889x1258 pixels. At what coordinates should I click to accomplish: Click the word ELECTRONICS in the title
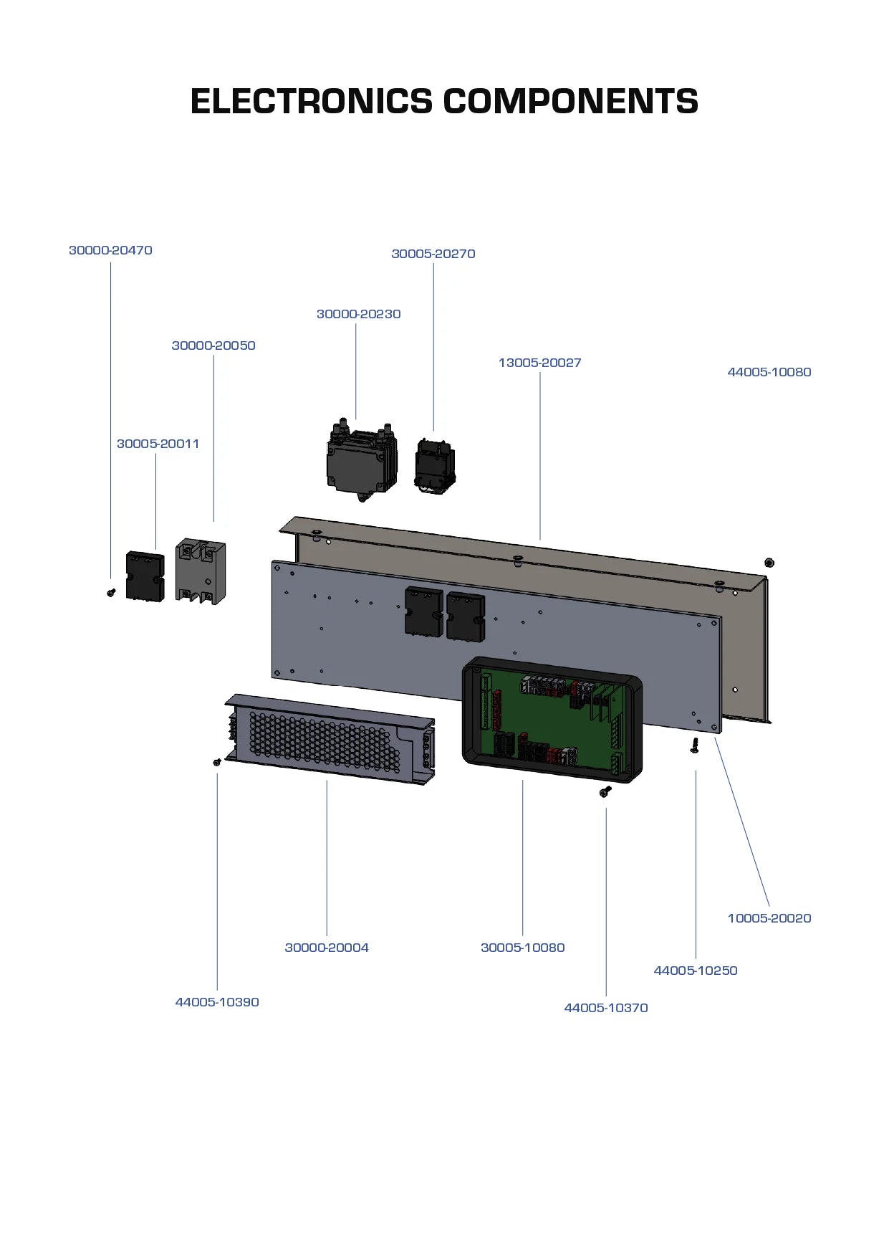tap(311, 101)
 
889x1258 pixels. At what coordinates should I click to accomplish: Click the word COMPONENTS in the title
tap(570, 101)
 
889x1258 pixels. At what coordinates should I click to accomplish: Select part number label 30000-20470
tap(110, 250)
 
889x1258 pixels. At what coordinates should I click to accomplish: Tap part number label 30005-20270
tap(433, 254)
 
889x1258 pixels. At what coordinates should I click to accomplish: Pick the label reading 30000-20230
tap(358, 314)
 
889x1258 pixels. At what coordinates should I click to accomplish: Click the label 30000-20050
tap(213, 346)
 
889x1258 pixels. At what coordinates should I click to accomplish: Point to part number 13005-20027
tap(539, 363)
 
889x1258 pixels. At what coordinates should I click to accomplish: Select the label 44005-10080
tap(769, 372)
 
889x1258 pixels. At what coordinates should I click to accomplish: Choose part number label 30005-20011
tap(158, 444)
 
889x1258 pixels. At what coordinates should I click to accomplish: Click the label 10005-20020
tap(769, 918)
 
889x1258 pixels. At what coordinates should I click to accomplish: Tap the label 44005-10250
tap(695, 971)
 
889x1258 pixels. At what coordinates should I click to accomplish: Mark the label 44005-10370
tap(605, 1008)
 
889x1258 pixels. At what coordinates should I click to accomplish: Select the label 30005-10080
tap(522, 948)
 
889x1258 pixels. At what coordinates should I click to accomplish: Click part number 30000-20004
tap(327, 948)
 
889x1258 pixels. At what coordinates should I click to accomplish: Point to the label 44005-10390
tap(217, 1002)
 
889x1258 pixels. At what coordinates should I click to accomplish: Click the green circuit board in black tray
tap(552, 720)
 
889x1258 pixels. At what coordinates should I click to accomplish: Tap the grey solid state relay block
tap(201, 572)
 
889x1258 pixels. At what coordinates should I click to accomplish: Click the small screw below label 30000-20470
tap(111, 593)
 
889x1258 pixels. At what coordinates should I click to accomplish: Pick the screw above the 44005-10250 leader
tap(694, 745)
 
